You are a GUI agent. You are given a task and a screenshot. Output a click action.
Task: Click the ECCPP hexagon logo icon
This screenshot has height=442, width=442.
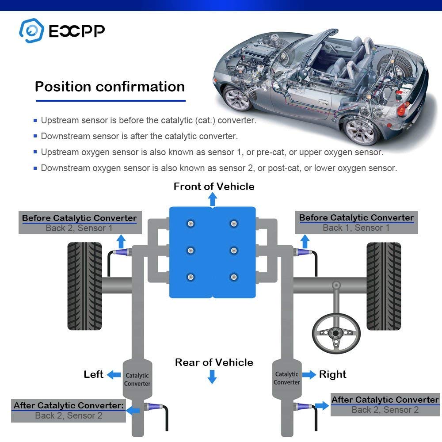tap(31, 30)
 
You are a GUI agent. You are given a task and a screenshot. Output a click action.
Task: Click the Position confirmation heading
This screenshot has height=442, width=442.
tap(110, 86)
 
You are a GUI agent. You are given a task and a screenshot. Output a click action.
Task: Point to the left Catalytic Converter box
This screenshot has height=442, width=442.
tap(137, 379)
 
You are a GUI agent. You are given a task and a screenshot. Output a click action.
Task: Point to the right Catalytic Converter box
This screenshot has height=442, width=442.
tap(286, 378)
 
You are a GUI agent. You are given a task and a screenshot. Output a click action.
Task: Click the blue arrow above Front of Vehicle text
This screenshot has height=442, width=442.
tap(213, 200)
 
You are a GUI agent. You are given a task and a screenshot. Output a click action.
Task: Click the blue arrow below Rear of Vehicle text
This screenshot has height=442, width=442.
tap(213, 377)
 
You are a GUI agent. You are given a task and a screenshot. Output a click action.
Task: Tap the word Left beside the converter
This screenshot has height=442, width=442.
tap(94, 374)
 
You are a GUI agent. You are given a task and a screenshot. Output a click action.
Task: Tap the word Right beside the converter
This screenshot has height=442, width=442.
tap(333, 374)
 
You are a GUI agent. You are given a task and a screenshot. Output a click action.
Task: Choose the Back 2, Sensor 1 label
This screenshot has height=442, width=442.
tap(79, 228)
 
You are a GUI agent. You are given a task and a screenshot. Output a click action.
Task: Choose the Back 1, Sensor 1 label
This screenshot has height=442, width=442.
tap(356, 228)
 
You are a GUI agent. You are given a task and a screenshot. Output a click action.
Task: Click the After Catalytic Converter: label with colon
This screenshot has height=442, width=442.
tap(69, 405)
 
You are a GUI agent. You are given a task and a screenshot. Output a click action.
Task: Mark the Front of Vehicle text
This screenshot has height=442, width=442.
tap(214, 187)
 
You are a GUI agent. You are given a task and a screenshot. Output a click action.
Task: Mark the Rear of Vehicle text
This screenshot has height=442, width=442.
tap(214, 362)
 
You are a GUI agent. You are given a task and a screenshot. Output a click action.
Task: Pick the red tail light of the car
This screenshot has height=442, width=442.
tap(401, 108)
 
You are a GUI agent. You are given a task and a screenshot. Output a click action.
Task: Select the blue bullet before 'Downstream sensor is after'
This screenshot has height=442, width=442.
tap(35, 136)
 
